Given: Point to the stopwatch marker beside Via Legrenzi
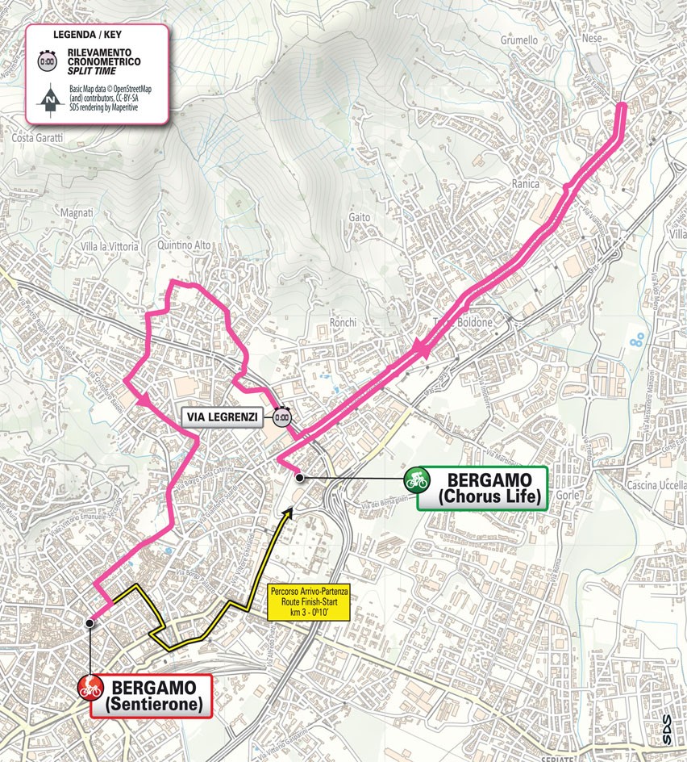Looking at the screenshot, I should (x=281, y=417).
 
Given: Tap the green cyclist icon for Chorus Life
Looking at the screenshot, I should (x=416, y=479).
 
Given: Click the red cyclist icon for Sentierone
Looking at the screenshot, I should (x=90, y=688).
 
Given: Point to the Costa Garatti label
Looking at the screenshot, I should (x=37, y=138).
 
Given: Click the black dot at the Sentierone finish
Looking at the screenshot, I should (x=90, y=622).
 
